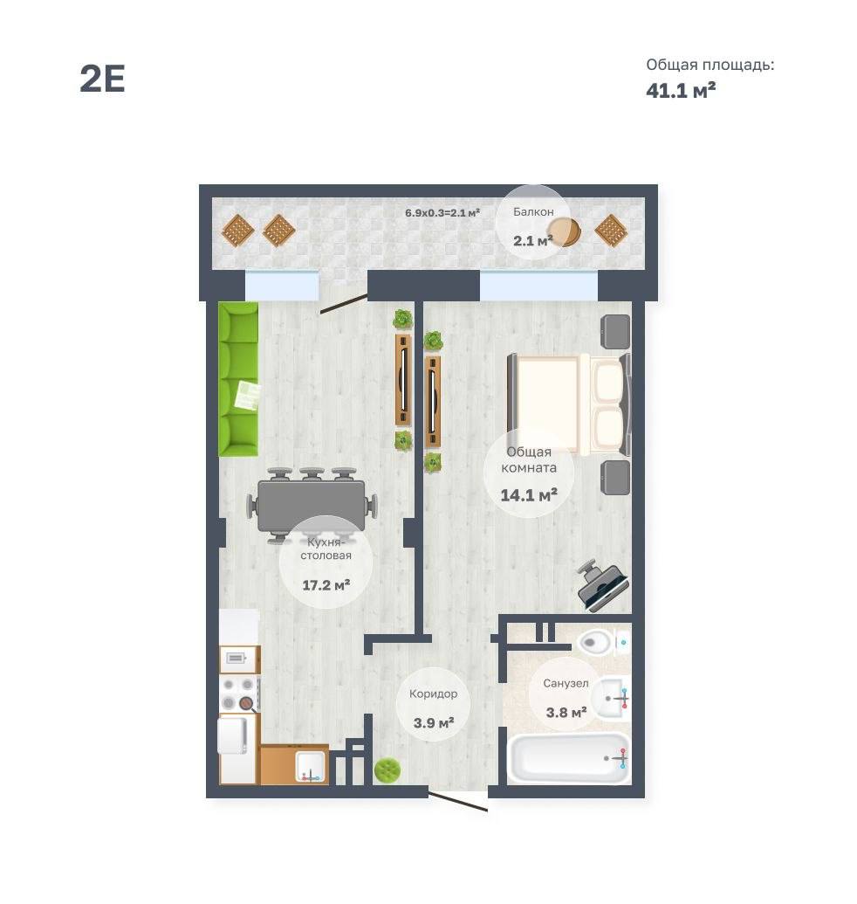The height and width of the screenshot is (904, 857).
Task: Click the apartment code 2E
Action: (102, 79)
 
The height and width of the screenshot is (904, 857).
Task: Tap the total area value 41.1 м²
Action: (681, 90)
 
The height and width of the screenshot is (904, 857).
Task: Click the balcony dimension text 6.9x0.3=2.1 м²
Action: (442, 213)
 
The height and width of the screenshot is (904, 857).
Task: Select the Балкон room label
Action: (533, 211)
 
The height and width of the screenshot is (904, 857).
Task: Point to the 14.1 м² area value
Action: (529, 494)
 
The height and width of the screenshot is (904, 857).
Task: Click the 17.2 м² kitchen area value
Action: (326, 585)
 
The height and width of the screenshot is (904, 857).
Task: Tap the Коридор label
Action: (433, 694)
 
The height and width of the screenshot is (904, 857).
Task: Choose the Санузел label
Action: (566, 683)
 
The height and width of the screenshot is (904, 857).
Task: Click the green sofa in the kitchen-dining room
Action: (238, 379)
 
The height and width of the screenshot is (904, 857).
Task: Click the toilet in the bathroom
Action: (601, 641)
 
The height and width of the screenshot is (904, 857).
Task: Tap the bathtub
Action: (568, 758)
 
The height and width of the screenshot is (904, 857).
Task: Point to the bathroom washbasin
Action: (611, 699)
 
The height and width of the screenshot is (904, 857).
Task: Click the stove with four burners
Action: (239, 694)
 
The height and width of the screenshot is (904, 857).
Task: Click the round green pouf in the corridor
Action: (387, 770)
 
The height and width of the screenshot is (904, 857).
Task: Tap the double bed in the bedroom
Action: (568, 404)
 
